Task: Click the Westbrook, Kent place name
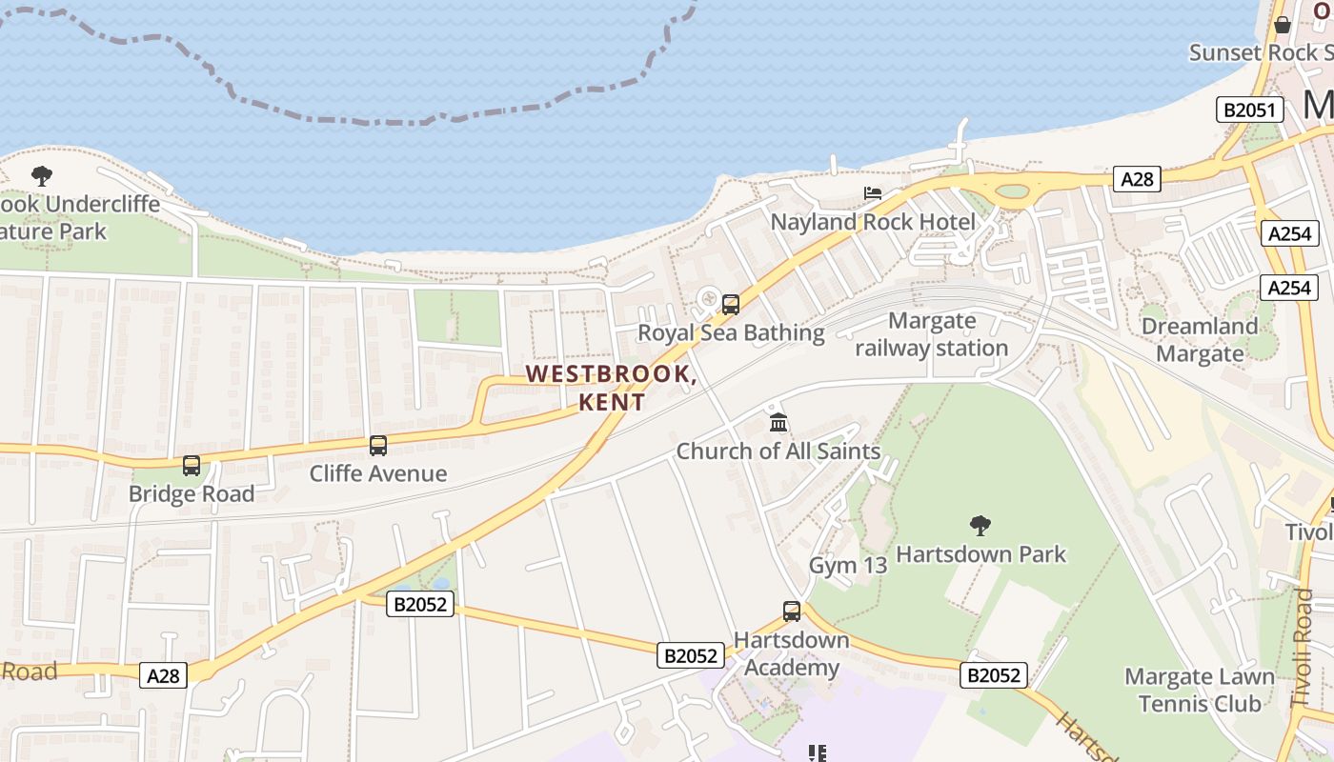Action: (611, 388)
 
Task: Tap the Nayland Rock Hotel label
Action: (873, 223)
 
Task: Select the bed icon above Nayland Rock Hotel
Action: (872, 193)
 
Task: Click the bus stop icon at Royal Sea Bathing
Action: (731, 305)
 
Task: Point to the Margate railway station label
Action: (931, 334)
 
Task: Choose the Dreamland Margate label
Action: (1200, 340)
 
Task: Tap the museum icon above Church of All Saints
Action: (778, 422)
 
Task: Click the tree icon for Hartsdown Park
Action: (980, 526)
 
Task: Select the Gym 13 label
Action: (847, 565)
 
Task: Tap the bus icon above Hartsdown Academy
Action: (792, 612)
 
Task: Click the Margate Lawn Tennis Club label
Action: (1199, 691)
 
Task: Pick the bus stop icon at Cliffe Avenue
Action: (378, 446)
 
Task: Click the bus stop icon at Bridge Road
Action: (192, 466)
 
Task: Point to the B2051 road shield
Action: (1249, 110)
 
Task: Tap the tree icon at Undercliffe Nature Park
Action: (41, 176)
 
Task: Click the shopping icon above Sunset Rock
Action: (1282, 25)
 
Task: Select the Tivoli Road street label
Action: (1303, 648)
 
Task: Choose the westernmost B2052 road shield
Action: (419, 603)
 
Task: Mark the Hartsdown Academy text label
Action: (791, 653)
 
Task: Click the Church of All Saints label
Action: (778, 451)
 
